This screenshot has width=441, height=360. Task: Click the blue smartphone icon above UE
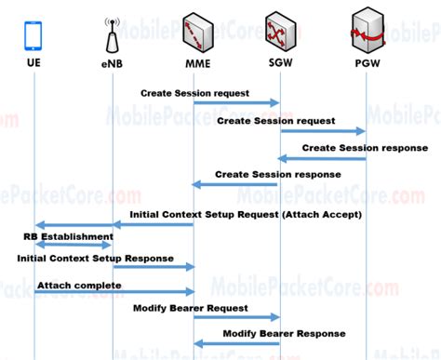click(34, 34)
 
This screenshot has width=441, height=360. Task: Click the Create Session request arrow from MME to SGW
click(236, 103)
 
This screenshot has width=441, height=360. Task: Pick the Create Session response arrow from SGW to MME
click(236, 184)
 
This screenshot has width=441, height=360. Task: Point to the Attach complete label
click(79, 285)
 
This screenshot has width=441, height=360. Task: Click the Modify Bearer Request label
click(191, 307)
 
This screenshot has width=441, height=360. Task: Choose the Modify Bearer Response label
click(284, 333)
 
